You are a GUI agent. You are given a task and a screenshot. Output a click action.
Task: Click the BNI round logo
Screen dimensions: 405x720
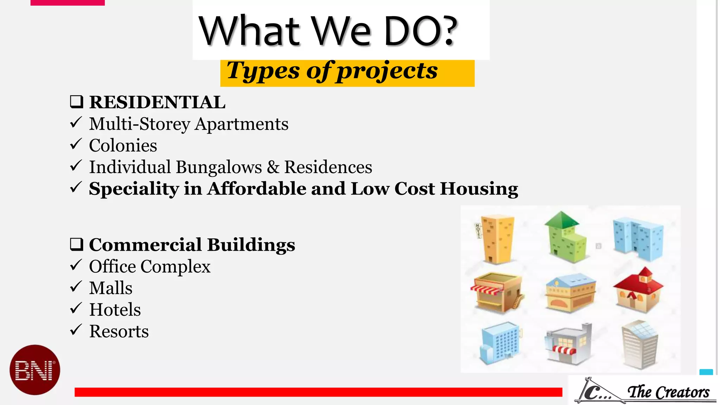35,369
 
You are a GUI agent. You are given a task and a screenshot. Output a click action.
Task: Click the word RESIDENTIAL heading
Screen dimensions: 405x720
157,102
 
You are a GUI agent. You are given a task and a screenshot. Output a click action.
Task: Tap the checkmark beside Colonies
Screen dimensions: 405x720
76,144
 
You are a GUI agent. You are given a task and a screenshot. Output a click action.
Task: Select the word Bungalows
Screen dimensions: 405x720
219,167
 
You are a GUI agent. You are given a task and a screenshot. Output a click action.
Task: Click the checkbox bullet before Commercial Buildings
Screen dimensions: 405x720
76,244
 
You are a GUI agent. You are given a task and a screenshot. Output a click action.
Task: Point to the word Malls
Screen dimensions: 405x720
111,288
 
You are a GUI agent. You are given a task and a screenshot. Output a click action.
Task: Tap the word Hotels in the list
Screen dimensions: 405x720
115,310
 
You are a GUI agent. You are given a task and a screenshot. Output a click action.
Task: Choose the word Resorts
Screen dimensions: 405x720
119,331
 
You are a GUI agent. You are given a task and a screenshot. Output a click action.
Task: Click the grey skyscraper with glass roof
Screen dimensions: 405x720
639,345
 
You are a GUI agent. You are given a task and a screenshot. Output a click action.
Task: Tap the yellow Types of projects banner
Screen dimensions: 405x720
347,72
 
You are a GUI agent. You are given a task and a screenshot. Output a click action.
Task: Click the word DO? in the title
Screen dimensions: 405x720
420,31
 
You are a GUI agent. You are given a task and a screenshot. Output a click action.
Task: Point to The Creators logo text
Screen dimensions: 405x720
668,392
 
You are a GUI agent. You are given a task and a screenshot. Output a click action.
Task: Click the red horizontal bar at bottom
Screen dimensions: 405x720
318,392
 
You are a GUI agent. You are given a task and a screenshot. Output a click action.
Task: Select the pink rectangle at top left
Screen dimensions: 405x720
67,2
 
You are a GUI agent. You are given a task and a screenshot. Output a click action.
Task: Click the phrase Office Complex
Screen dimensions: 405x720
149,266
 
